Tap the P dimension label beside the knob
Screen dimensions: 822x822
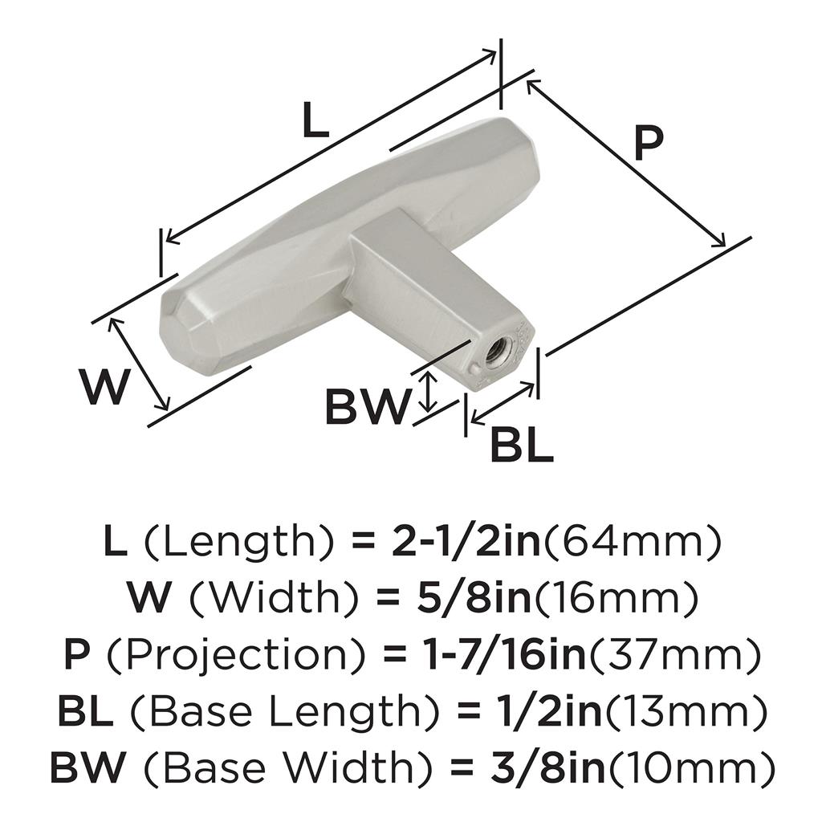648,143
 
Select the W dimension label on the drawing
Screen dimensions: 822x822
105,387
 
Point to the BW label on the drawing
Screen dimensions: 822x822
366,406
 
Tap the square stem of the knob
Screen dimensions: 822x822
435,294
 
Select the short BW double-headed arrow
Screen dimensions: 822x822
429,392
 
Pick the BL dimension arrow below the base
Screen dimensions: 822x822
503,403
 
